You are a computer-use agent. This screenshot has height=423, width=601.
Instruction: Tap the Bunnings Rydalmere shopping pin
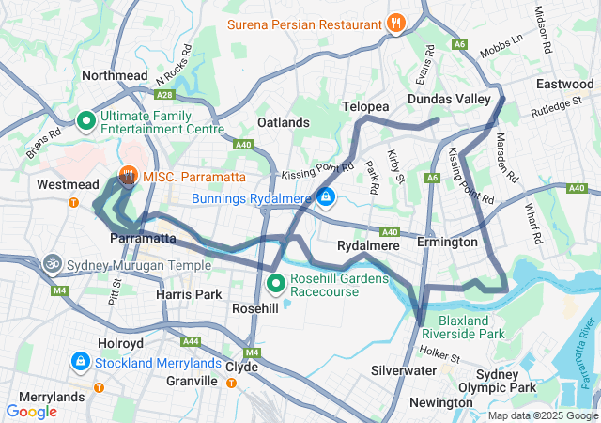click(325, 197)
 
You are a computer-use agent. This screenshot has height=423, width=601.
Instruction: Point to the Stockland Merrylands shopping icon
click(82, 361)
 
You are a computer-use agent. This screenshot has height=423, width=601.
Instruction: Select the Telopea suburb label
click(365, 107)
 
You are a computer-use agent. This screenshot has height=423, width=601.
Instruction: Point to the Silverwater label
click(405, 371)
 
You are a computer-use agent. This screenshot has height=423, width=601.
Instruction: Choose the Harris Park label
click(190, 294)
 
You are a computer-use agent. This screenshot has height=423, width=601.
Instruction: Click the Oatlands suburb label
click(283, 122)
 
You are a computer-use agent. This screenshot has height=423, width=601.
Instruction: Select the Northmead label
click(116, 75)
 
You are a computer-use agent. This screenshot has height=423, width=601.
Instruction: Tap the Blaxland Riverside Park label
click(463, 326)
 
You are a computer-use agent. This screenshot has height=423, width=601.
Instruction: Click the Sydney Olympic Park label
click(505, 381)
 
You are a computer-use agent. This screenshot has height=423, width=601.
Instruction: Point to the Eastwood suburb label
click(564, 84)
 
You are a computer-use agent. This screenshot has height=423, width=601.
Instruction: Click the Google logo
click(31, 411)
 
